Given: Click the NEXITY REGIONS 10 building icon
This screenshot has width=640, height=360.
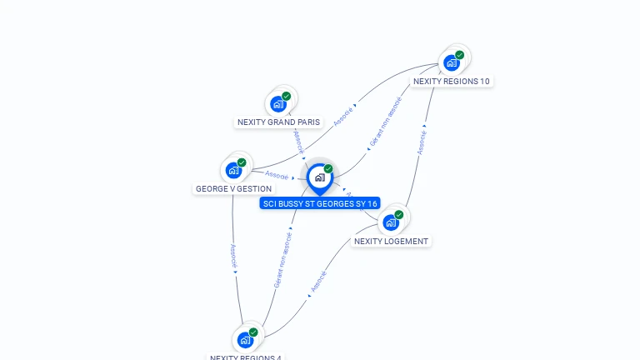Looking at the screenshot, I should tap(452, 62).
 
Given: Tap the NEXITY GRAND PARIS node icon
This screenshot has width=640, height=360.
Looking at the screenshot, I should tap(278, 104).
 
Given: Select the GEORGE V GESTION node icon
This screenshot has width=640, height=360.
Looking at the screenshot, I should tap(234, 170).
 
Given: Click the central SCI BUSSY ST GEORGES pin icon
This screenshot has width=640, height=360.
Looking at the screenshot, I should tap(319, 177).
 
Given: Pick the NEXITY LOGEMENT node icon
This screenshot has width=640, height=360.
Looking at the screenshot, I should tap(391, 222).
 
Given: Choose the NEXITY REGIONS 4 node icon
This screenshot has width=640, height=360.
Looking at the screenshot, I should tap(245, 340).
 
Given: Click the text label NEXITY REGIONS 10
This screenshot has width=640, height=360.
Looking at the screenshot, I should tap(452, 82).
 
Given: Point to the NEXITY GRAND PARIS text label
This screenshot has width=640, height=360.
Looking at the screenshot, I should tap(278, 122).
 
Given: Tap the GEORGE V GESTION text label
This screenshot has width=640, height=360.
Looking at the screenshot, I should tap(233, 189).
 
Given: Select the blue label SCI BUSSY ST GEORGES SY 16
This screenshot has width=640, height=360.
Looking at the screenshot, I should tap(320, 203).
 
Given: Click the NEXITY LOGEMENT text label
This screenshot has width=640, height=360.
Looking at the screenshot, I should tap(391, 242).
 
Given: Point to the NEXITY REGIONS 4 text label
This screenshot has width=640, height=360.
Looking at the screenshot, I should tap(246, 357).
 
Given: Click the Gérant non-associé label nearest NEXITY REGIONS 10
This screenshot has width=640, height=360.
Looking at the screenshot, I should tap(385, 122).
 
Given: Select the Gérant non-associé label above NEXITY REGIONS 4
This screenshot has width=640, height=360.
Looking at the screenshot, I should tap(283, 258).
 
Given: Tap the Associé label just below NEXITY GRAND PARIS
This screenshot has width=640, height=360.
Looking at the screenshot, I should tap(298, 141).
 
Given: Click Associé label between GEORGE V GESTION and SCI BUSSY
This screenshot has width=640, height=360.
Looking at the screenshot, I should tap(277, 175).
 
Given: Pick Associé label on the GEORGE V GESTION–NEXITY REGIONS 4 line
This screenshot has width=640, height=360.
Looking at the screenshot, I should tap(233, 255).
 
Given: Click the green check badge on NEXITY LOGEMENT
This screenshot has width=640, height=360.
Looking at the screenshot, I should tap(399, 214).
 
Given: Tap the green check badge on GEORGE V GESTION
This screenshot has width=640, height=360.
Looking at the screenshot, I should tap(242, 162).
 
